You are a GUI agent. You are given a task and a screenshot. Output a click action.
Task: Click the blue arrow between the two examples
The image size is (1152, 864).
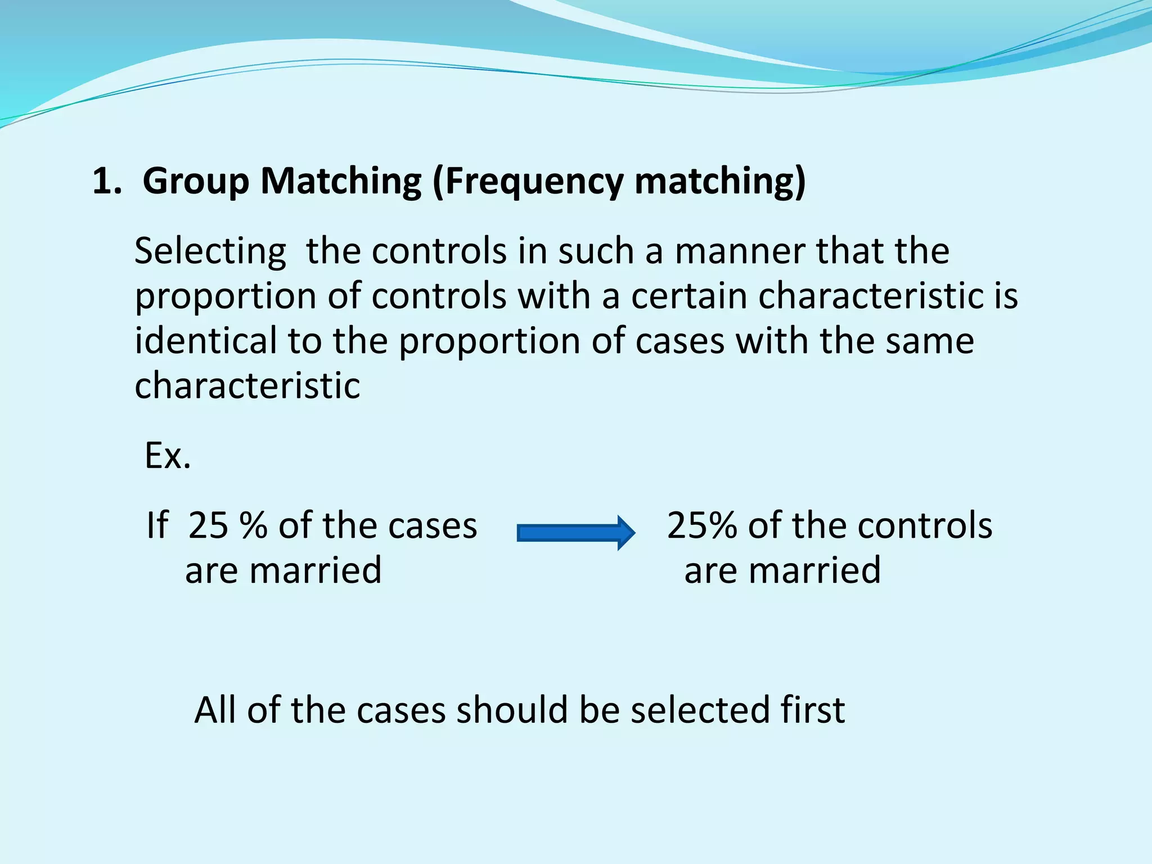click(575, 532)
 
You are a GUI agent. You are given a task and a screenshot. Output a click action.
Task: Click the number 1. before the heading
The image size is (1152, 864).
click(107, 182)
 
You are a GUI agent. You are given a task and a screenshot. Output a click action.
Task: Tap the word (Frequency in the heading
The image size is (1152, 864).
click(528, 182)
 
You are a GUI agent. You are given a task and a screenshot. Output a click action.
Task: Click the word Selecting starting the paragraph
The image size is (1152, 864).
click(210, 251)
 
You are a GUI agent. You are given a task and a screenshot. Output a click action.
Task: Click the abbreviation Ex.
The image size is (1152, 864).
click(168, 456)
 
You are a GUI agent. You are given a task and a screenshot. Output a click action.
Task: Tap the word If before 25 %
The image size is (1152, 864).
click(157, 525)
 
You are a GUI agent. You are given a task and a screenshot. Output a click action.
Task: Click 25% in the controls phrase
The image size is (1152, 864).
click(701, 525)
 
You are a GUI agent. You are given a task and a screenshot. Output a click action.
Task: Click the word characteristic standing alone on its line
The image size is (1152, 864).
click(247, 386)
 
